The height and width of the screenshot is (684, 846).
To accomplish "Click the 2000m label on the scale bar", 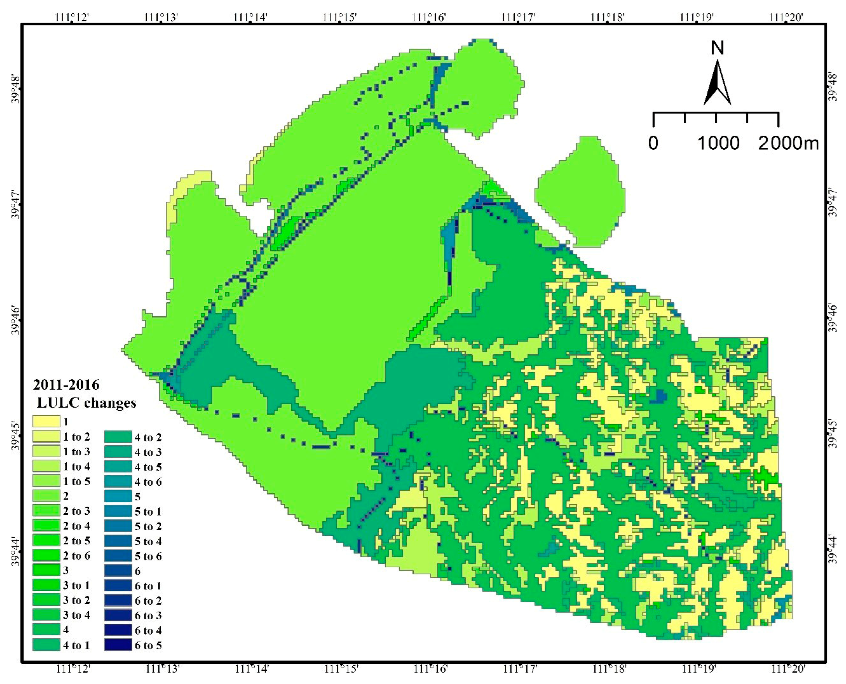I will [x=788, y=143].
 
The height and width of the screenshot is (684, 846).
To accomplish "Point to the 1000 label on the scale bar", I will [x=718, y=143].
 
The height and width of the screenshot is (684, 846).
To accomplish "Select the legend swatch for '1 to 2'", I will [x=46, y=436].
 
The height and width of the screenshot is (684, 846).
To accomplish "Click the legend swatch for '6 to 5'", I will [x=118, y=645].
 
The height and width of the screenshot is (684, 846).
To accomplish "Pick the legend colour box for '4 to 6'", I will [x=118, y=481].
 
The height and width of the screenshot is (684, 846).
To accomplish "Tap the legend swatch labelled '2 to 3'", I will [x=46, y=511].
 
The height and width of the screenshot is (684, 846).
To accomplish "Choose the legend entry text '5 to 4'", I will [x=148, y=541].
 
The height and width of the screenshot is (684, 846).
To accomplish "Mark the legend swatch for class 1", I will [x=46, y=422].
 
